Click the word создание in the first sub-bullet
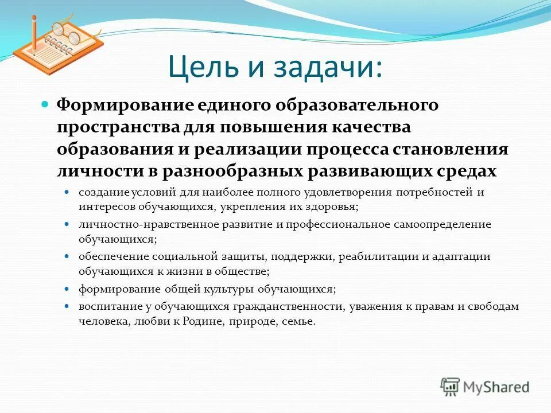[104, 193]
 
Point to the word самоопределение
[443, 224]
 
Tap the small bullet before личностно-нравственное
[67, 224]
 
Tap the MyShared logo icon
[450, 387]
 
